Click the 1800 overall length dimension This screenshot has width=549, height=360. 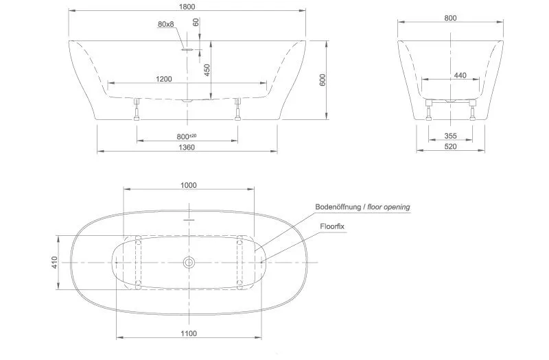click(x=187, y=7)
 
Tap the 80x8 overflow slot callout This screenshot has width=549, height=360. click(x=166, y=24)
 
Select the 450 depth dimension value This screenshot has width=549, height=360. click(x=207, y=70)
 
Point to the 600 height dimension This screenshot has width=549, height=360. click(x=323, y=80)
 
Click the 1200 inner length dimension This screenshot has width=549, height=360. click(x=164, y=79)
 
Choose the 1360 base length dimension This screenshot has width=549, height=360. click(x=187, y=147)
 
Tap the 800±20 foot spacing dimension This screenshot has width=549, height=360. click(x=187, y=136)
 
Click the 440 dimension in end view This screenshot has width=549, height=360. click(x=460, y=75)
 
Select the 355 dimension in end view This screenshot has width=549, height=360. click(x=450, y=136)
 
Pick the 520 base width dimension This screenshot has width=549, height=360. click(x=450, y=147)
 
